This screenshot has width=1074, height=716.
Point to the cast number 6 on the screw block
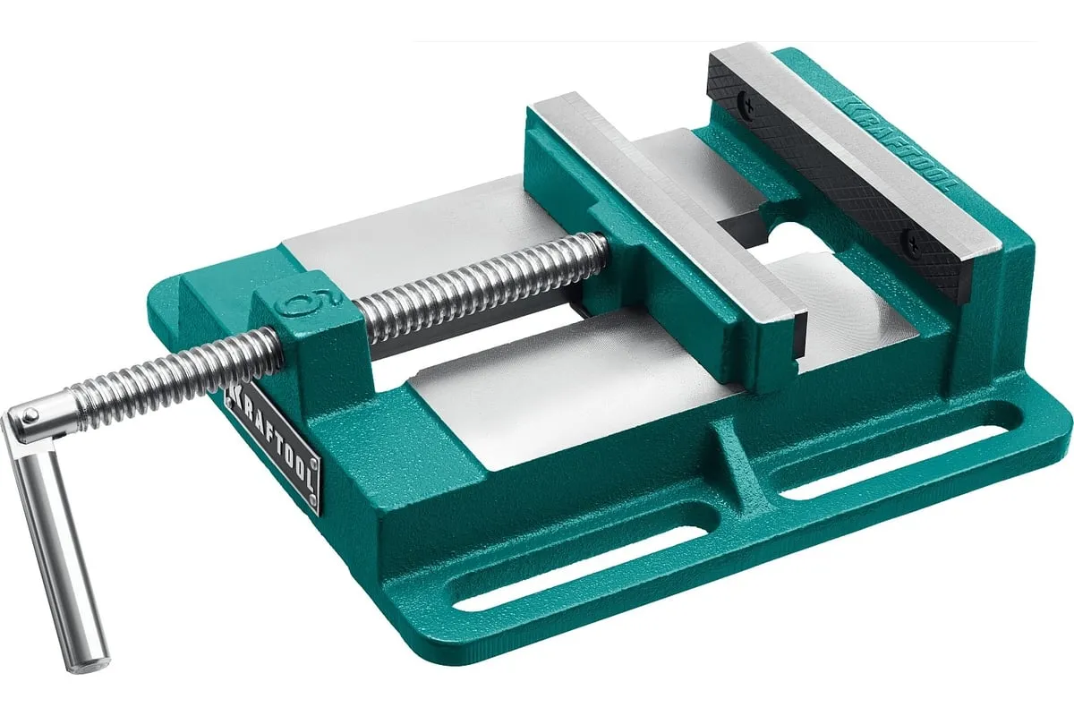click(311, 303)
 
